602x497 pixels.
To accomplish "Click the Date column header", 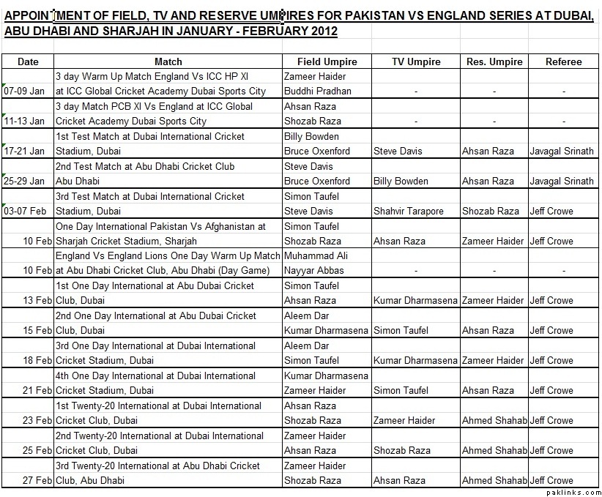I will click(28, 61).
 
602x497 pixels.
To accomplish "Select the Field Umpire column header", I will click(326, 61).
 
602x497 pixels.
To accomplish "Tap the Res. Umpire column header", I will click(494, 61).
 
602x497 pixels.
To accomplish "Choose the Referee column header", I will click(563, 61).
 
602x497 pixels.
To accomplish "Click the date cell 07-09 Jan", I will click(25, 91).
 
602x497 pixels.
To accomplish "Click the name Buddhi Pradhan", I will click(317, 91).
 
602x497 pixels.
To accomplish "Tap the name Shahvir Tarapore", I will click(408, 212).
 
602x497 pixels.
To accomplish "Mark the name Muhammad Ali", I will click(315, 256).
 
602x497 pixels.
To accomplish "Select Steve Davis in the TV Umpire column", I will click(398, 152).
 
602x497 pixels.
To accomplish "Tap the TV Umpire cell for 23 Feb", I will click(404, 421).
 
